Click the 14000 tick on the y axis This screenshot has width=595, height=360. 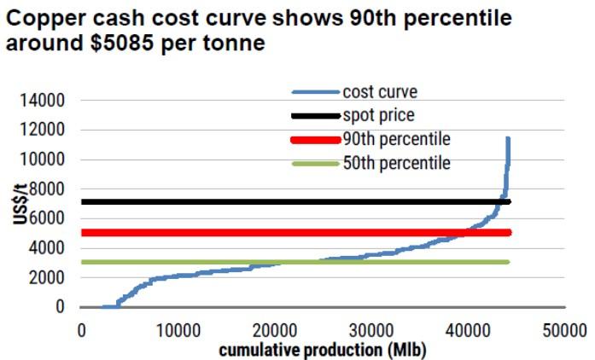[42, 101]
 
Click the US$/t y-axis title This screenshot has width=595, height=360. [18, 206]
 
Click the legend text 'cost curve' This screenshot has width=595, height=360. [380, 91]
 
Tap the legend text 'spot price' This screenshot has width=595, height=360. [378, 114]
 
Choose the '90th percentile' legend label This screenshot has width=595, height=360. [395, 138]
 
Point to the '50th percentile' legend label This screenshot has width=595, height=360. [395, 161]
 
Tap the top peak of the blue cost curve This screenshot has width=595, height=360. [509, 138]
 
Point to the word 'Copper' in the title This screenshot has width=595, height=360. [38, 17]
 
